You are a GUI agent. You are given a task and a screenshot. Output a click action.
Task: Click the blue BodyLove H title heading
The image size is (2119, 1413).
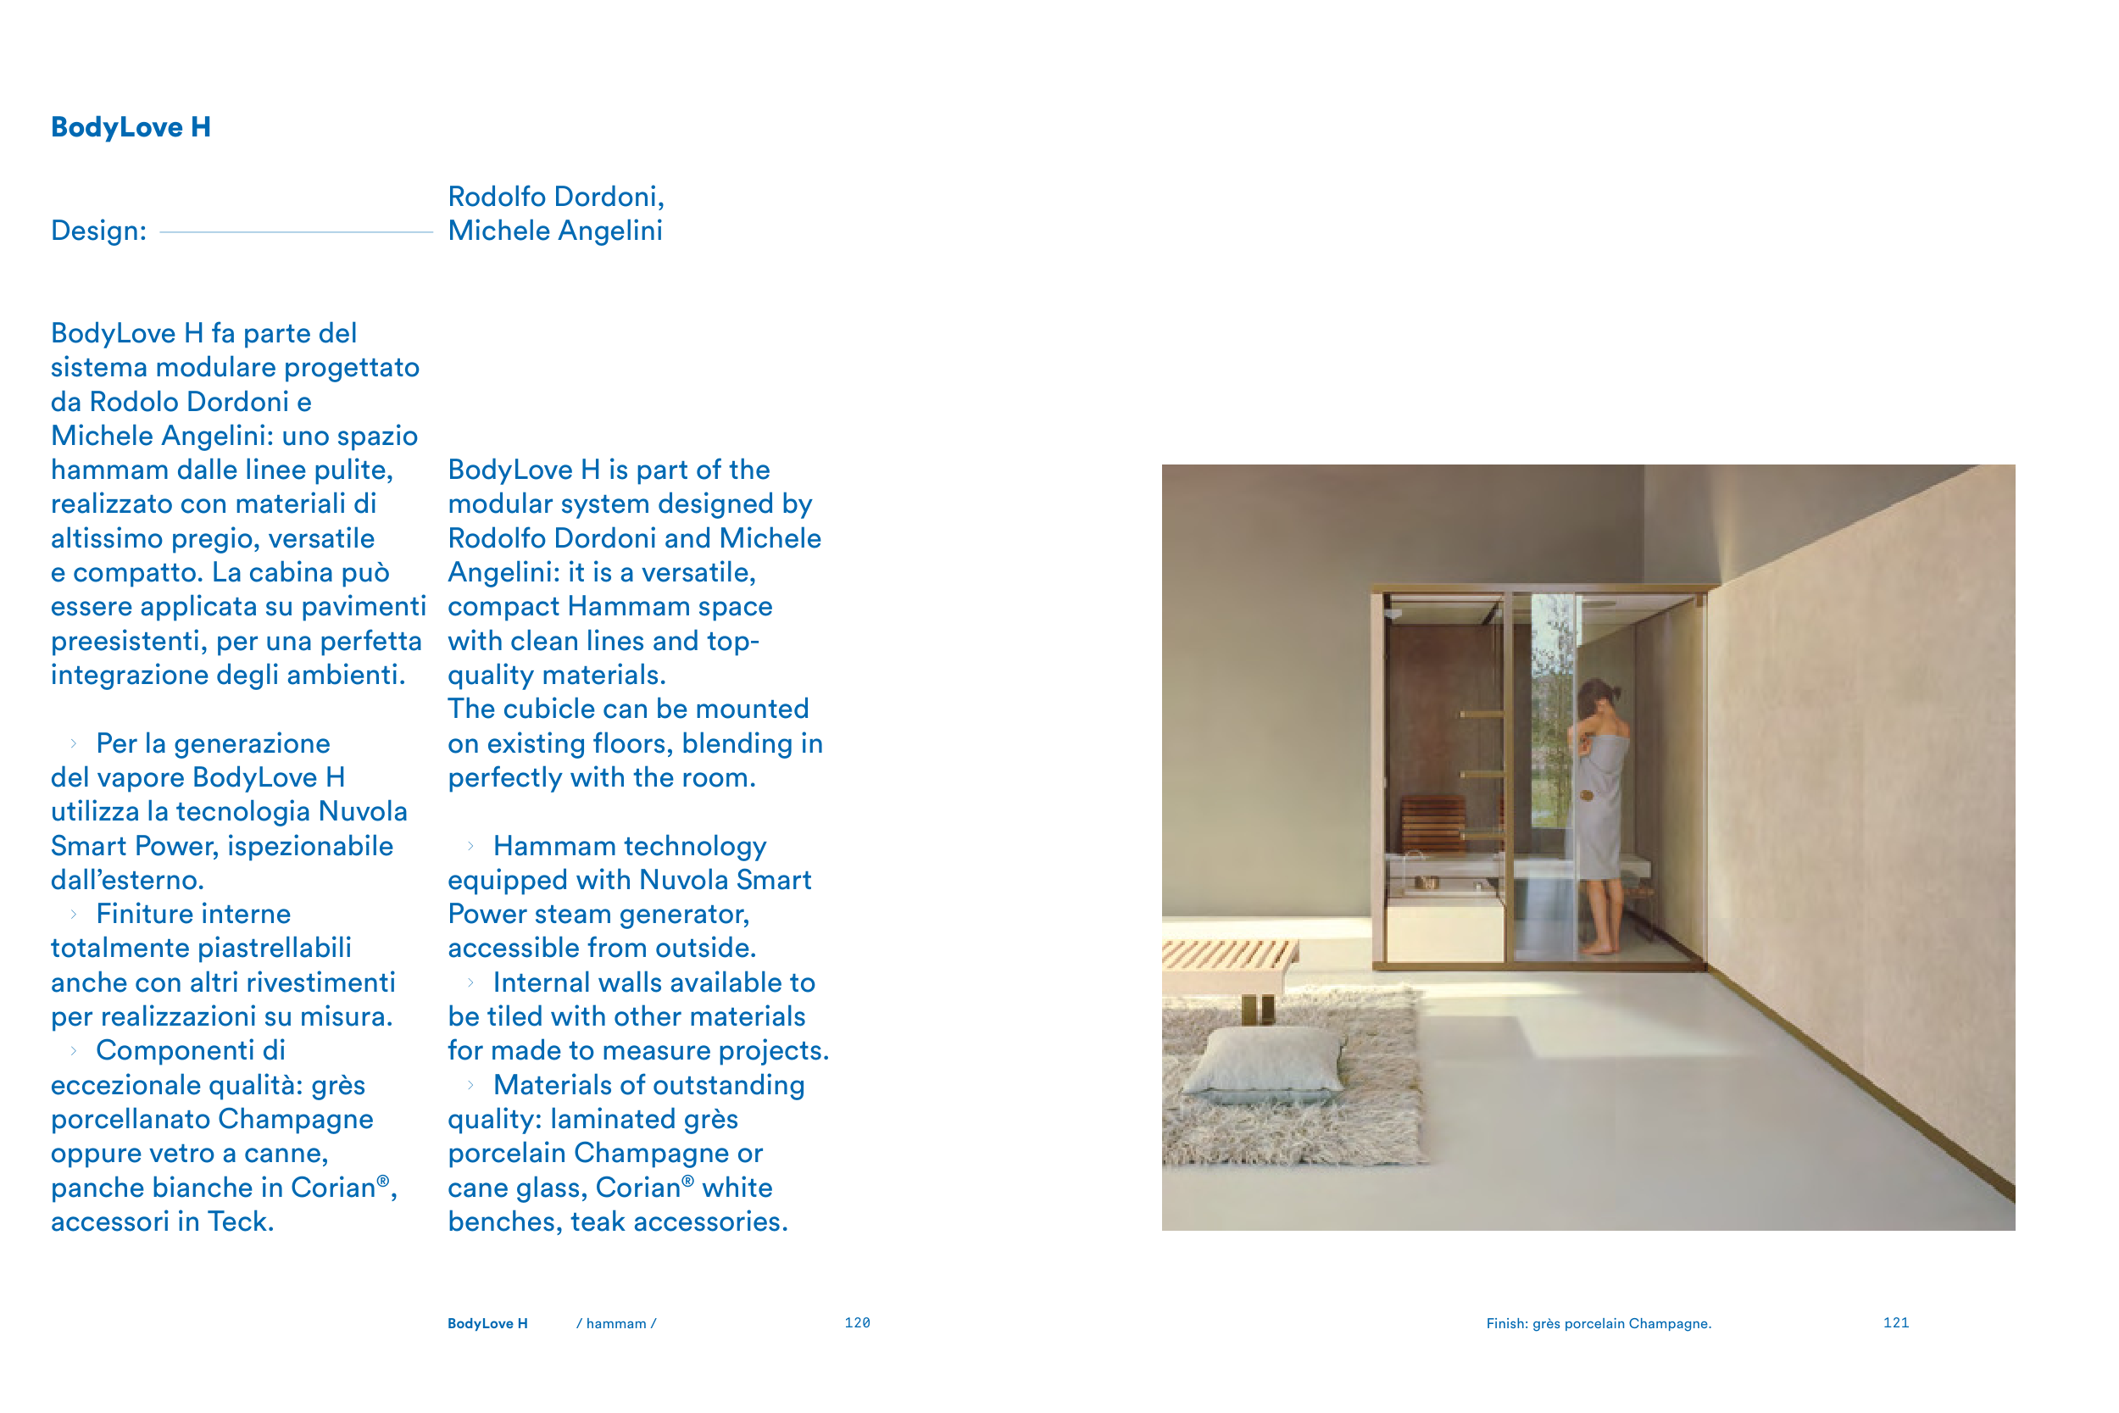tap(131, 127)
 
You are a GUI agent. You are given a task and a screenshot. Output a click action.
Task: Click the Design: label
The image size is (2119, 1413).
tap(98, 231)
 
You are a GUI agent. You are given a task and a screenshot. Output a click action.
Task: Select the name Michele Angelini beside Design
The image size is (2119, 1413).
tap(555, 231)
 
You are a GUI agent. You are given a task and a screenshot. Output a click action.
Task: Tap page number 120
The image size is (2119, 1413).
tap(857, 1322)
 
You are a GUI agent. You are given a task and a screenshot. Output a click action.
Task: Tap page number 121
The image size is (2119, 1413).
tap(1895, 1322)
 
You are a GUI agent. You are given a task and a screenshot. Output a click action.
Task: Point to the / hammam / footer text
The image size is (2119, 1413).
tap(616, 1323)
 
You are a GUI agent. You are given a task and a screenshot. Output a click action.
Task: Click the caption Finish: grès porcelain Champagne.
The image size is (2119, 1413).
tap(1599, 1323)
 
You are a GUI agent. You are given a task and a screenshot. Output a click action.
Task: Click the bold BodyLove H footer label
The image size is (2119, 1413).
tap(487, 1323)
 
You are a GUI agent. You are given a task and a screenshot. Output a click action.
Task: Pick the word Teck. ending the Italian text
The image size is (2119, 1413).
tap(241, 1222)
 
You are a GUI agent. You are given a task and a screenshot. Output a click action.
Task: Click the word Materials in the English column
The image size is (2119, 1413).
tap(555, 1085)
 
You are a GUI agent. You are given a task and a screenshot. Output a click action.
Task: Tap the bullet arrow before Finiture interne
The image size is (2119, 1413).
tap(74, 915)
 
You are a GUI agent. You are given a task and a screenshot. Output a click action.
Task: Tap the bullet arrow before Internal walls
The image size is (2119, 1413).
tap(470, 982)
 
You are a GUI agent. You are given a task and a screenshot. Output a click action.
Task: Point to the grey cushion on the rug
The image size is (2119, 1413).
tap(1265, 1064)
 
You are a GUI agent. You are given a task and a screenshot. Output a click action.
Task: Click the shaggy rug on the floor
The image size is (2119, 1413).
tap(1298, 1109)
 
